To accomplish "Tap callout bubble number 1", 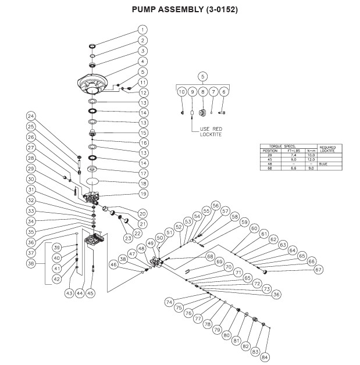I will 142,30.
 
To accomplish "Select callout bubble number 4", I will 142,61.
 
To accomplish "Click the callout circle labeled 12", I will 142,92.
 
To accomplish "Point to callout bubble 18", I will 142,182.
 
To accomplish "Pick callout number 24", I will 31,116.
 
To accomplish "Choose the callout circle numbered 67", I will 319,269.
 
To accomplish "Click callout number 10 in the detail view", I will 181,92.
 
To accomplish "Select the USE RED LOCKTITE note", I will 211,131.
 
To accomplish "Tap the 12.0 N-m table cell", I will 311,160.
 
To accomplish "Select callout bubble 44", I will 80,293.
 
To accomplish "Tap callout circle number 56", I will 216,205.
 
